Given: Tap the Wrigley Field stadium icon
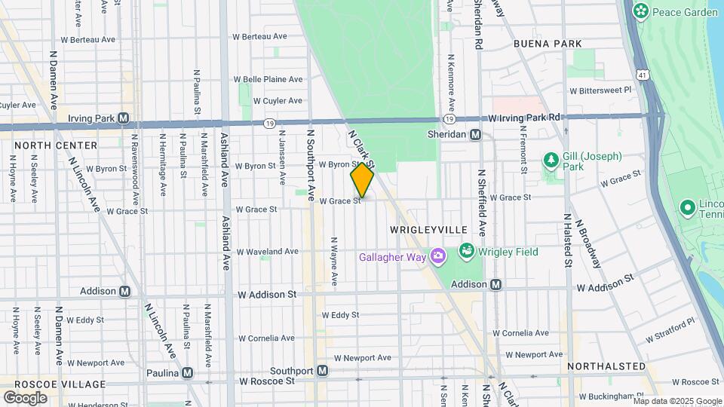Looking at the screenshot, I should pyautogui.click(x=466, y=251).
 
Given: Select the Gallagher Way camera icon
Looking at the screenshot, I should pyautogui.click(x=437, y=257).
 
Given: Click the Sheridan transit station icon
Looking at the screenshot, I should pyautogui.click(x=475, y=134).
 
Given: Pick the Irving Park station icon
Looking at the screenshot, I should pyautogui.click(x=123, y=118).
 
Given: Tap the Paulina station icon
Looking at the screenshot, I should pyautogui.click(x=187, y=372).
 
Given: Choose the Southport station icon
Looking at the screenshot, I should pyautogui.click(x=322, y=371).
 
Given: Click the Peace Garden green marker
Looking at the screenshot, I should pyautogui.click(x=641, y=11).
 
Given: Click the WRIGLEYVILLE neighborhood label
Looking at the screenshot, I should pyautogui.click(x=428, y=229).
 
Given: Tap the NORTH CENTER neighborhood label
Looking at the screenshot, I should pyautogui.click(x=56, y=145).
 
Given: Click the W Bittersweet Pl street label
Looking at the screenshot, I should pyautogui.click(x=605, y=90).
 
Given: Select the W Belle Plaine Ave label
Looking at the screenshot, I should pyautogui.click(x=268, y=79).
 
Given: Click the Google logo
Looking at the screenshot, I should pyautogui.click(x=25, y=397).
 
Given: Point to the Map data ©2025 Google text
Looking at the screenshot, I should pyautogui.click(x=676, y=401).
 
